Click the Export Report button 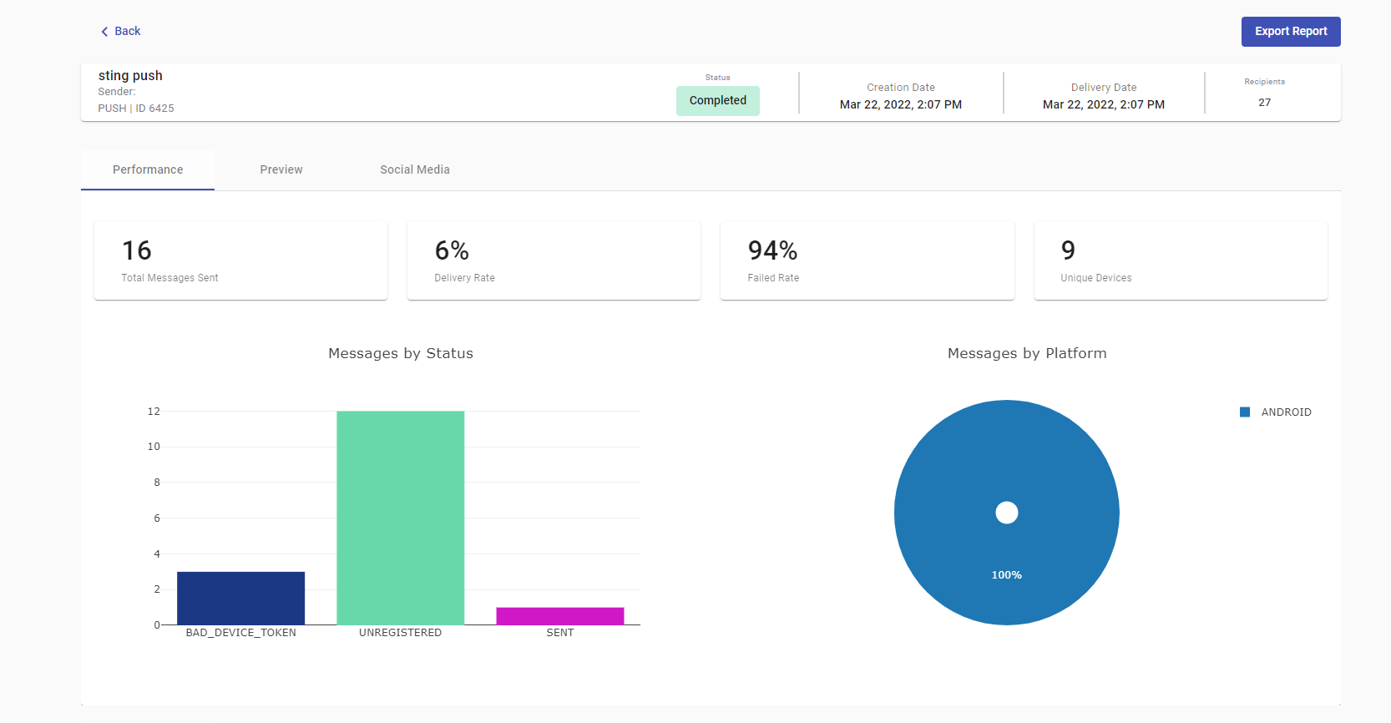(x=1290, y=32)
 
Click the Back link (x=121, y=31)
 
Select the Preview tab (x=281, y=169)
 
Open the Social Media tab (x=415, y=169)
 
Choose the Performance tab (x=148, y=169)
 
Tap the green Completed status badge (x=717, y=100)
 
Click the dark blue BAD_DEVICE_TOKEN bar (x=240, y=598)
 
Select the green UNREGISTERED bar (x=400, y=518)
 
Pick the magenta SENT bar (x=559, y=616)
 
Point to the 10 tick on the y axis (x=154, y=447)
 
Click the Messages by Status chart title (x=401, y=353)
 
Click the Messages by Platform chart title (x=1027, y=353)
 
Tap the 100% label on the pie (x=1006, y=575)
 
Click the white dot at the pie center (x=1007, y=513)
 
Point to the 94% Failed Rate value (x=772, y=250)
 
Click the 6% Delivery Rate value (x=452, y=250)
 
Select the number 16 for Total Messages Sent (x=137, y=250)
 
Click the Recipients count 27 (x=1264, y=103)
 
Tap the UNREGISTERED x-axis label (x=400, y=633)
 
